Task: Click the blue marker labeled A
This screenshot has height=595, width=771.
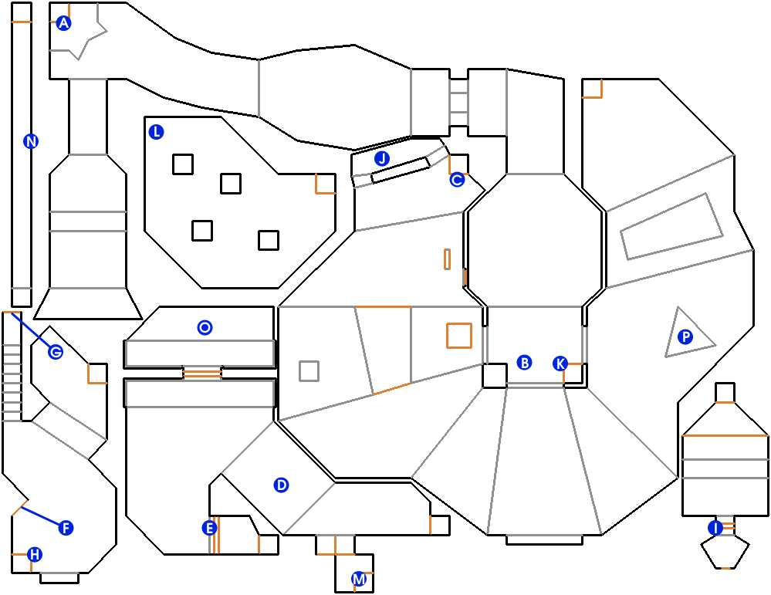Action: coord(64,23)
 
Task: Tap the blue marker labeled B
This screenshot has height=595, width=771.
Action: coord(524,363)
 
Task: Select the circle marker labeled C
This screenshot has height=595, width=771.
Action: coord(457,180)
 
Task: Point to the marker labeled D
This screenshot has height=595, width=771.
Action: coord(281,485)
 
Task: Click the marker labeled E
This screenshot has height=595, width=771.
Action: coord(208,528)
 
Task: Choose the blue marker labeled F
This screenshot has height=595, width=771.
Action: coord(66,528)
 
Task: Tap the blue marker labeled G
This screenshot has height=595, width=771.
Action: coord(56,352)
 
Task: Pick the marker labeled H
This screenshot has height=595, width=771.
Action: coord(34,554)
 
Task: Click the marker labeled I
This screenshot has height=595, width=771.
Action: coord(715,528)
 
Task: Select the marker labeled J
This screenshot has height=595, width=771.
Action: coord(381,159)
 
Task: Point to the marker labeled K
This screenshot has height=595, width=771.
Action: coord(560,363)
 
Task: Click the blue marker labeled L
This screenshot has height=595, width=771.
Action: coord(157,132)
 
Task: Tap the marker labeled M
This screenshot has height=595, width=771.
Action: coord(358,578)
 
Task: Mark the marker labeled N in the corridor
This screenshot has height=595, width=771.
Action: coord(31,141)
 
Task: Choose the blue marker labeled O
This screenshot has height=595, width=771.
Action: coord(205,328)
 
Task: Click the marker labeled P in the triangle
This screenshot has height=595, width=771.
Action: coord(685,336)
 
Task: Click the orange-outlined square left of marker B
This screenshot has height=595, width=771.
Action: coord(458,336)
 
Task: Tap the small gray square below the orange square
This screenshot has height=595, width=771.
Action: coord(309,371)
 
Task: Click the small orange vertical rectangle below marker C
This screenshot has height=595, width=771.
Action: coord(447,259)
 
